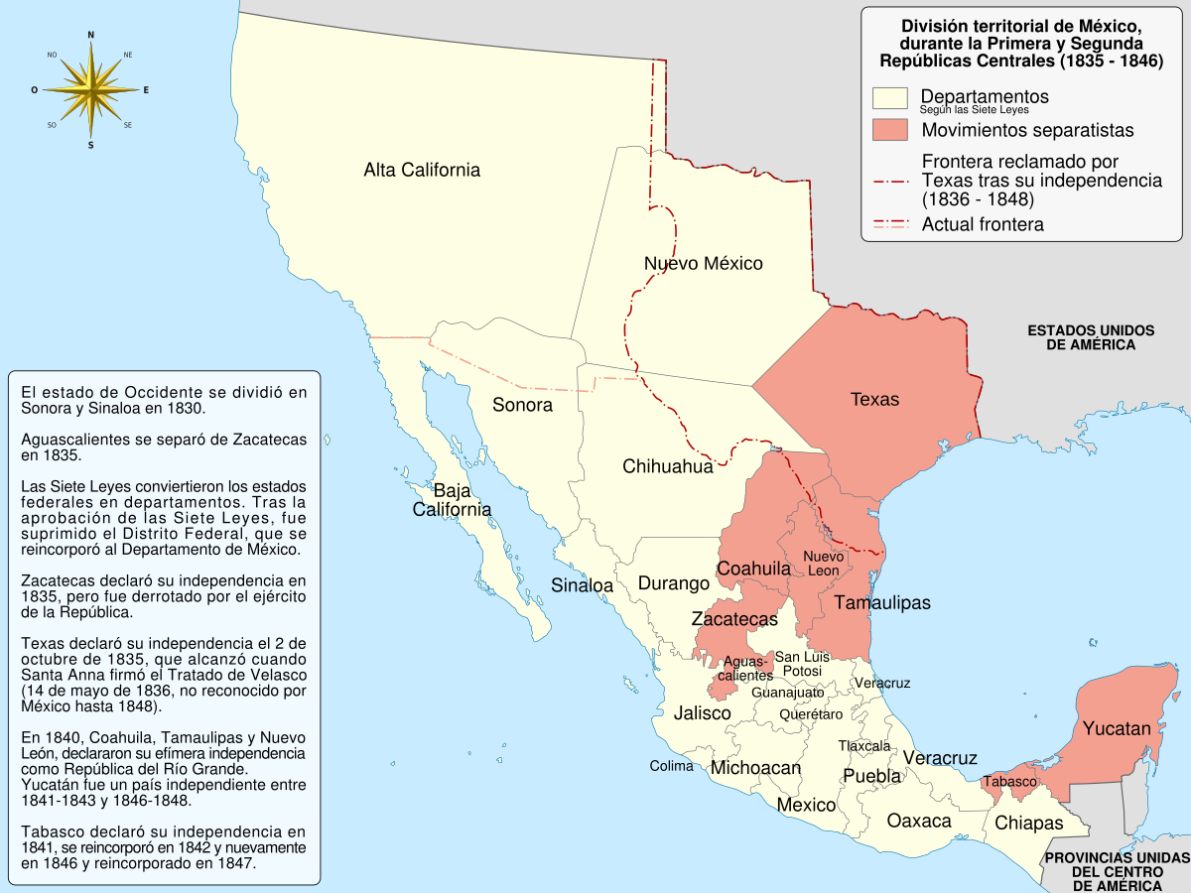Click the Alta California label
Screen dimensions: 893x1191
point(422,170)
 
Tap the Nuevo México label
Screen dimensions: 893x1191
point(703,263)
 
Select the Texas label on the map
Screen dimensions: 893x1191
point(874,399)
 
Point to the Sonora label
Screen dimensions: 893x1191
point(522,405)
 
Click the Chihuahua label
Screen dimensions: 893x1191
point(668,466)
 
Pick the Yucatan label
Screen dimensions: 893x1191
point(1117,728)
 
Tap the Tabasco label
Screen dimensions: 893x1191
point(1009,782)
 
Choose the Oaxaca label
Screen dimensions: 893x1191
point(919,821)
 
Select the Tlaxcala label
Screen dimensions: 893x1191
point(863,746)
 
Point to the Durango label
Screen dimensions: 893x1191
point(673,583)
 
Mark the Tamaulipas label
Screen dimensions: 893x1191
point(882,602)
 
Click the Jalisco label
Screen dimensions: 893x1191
point(702,712)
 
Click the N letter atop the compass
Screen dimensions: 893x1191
point(91,35)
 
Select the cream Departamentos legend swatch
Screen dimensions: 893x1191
point(890,97)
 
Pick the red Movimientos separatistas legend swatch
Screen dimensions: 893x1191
point(890,130)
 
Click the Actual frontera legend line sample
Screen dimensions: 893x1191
point(890,224)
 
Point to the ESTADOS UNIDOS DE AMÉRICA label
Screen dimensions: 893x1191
point(1090,337)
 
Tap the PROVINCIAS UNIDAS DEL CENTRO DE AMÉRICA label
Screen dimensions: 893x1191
point(1117,870)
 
